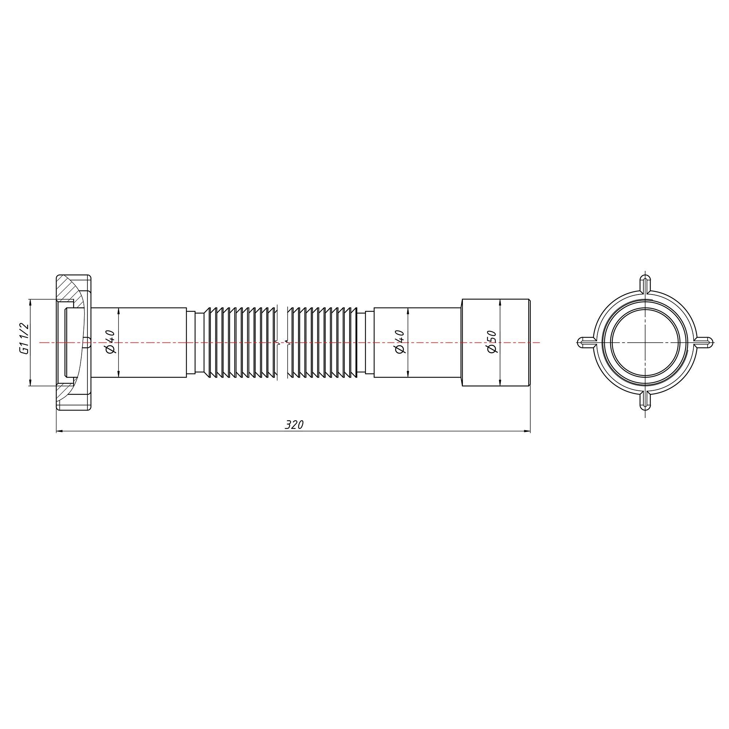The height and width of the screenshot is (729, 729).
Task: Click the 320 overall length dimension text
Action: click(x=294, y=425)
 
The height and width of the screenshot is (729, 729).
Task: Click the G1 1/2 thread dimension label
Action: click(x=24, y=339)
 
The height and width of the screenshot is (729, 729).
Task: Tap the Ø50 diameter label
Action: click(x=492, y=342)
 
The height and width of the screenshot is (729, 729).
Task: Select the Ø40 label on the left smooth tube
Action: click(x=110, y=342)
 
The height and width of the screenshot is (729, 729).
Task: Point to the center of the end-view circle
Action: click(x=645, y=342)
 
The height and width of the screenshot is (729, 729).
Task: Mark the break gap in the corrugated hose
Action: click(x=282, y=342)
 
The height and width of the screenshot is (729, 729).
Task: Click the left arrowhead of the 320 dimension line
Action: click(x=59, y=431)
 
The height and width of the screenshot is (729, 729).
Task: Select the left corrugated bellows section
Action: click(x=240, y=342)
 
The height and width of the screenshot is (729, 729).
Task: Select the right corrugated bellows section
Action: click(x=323, y=342)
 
